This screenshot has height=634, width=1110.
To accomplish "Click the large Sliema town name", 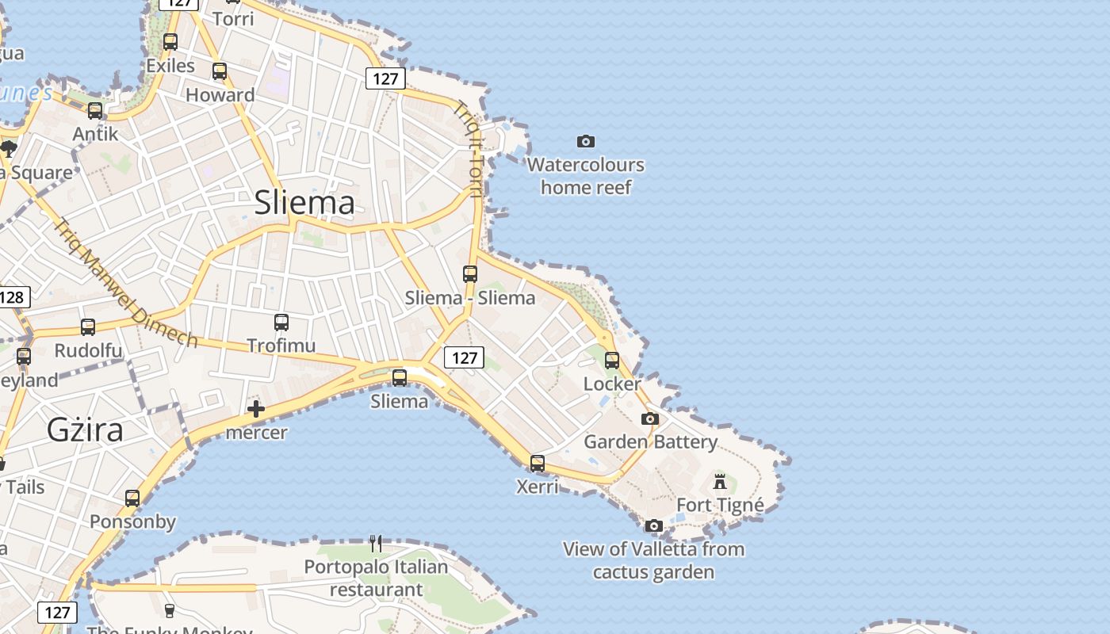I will [x=304, y=203].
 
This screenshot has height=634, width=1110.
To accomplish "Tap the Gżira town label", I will [x=85, y=430].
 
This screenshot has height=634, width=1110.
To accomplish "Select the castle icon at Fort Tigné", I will [x=720, y=481].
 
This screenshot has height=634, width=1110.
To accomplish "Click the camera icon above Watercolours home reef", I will [x=585, y=142].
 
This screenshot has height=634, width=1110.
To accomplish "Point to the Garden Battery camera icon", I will [x=650, y=418].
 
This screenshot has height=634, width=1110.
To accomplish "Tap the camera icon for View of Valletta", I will [x=653, y=525].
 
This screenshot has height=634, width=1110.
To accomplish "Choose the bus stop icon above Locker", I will [x=611, y=361].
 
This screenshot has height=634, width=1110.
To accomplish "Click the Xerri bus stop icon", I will [x=538, y=463].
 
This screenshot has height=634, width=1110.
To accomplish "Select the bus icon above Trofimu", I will [x=281, y=323].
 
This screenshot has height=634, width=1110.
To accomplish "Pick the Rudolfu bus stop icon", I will [x=88, y=327].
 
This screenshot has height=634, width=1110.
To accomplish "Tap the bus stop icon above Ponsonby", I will [x=132, y=498].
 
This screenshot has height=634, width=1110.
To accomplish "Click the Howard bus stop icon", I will [x=220, y=71].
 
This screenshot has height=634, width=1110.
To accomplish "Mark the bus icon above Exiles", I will [x=170, y=42].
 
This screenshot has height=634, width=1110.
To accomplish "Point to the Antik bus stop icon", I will [x=95, y=111].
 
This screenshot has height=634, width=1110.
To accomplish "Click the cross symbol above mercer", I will [x=255, y=409].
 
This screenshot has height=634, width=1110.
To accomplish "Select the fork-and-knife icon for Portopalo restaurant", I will [x=376, y=544].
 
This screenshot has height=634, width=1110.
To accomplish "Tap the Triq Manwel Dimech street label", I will [x=125, y=283].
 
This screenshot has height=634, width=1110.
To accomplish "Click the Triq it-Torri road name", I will [x=468, y=149].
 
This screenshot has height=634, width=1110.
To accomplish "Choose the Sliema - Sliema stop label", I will [x=470, y=298].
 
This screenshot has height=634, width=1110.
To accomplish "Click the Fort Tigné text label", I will [x=720, y=505].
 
